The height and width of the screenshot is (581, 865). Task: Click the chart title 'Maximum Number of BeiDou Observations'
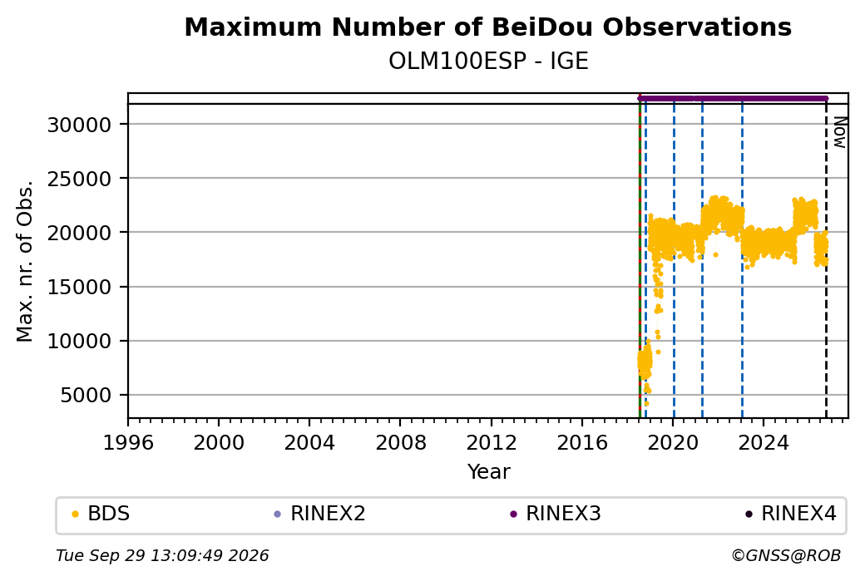pos(487,27)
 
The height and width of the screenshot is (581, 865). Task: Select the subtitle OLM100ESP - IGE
pos(488,61)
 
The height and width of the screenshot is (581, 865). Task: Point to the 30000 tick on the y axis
pos(80,125)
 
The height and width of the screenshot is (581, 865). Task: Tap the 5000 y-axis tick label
pos(86,396)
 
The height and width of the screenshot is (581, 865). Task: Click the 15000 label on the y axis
pos(80,287)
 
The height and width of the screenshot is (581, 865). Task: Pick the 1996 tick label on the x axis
pos(128,442)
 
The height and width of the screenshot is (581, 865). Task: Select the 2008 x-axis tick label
pos(401,442)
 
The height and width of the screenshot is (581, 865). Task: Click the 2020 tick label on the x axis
pos(673,442)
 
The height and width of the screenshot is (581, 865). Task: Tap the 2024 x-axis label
pos(764,442)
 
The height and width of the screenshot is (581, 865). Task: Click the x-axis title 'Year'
pos(489,472)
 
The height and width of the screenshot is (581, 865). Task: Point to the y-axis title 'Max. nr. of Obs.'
pos(25,261)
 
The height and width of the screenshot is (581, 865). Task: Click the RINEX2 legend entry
pos(320,514)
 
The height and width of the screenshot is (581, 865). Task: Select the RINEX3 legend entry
pos(556,514)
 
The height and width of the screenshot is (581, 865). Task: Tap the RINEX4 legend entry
pos(791,514)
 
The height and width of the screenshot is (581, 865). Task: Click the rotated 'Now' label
pos(839,132)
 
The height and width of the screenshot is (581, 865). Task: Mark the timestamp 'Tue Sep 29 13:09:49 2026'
pos(162,555)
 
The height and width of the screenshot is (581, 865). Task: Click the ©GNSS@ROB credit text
pos(786,555)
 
